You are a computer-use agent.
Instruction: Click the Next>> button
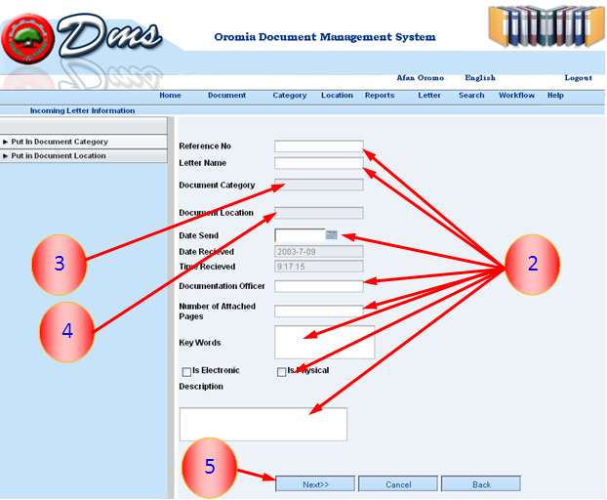tap(315, 484)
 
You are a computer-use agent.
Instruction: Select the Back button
tap(481, 484)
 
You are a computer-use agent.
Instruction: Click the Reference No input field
tap(318, 146)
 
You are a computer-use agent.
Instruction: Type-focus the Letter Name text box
tap(318, 163)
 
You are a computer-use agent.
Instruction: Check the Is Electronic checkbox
tap(186, 372)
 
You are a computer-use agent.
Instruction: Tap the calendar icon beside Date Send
tap(332, 234)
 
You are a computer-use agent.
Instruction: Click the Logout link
tap(578, 78)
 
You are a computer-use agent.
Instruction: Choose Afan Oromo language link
tap(420, 78)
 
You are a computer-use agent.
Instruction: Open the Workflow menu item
tap(516, 96)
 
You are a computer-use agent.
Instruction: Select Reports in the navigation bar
tap(380, 96)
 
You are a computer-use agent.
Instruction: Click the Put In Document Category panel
tap(84, 142)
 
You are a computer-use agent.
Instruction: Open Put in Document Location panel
tap(84, 155)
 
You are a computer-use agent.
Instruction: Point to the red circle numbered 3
tap(60, 265)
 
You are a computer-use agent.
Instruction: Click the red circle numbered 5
tap(210, 467)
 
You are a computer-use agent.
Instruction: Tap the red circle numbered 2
tap(533, 265)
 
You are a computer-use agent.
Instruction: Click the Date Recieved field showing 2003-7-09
tap(318, 252)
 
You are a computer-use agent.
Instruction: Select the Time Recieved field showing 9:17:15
tap(318, 267)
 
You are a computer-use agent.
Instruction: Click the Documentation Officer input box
tap(318, 286)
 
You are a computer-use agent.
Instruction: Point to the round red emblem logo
tap(28, 39)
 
